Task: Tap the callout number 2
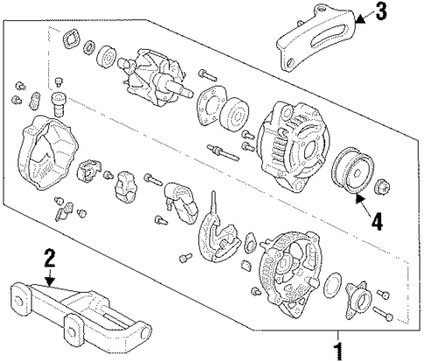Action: coord(50,257)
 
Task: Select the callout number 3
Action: coord(380,12)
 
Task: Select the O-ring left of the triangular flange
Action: coord(332,284)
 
